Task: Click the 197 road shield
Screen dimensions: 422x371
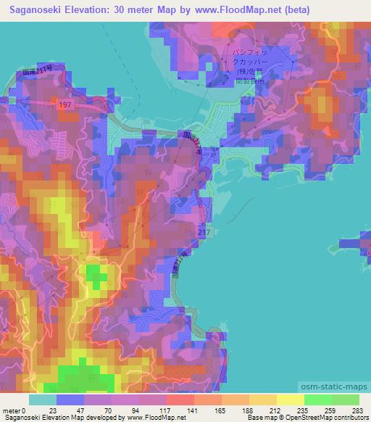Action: click(66, 105)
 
